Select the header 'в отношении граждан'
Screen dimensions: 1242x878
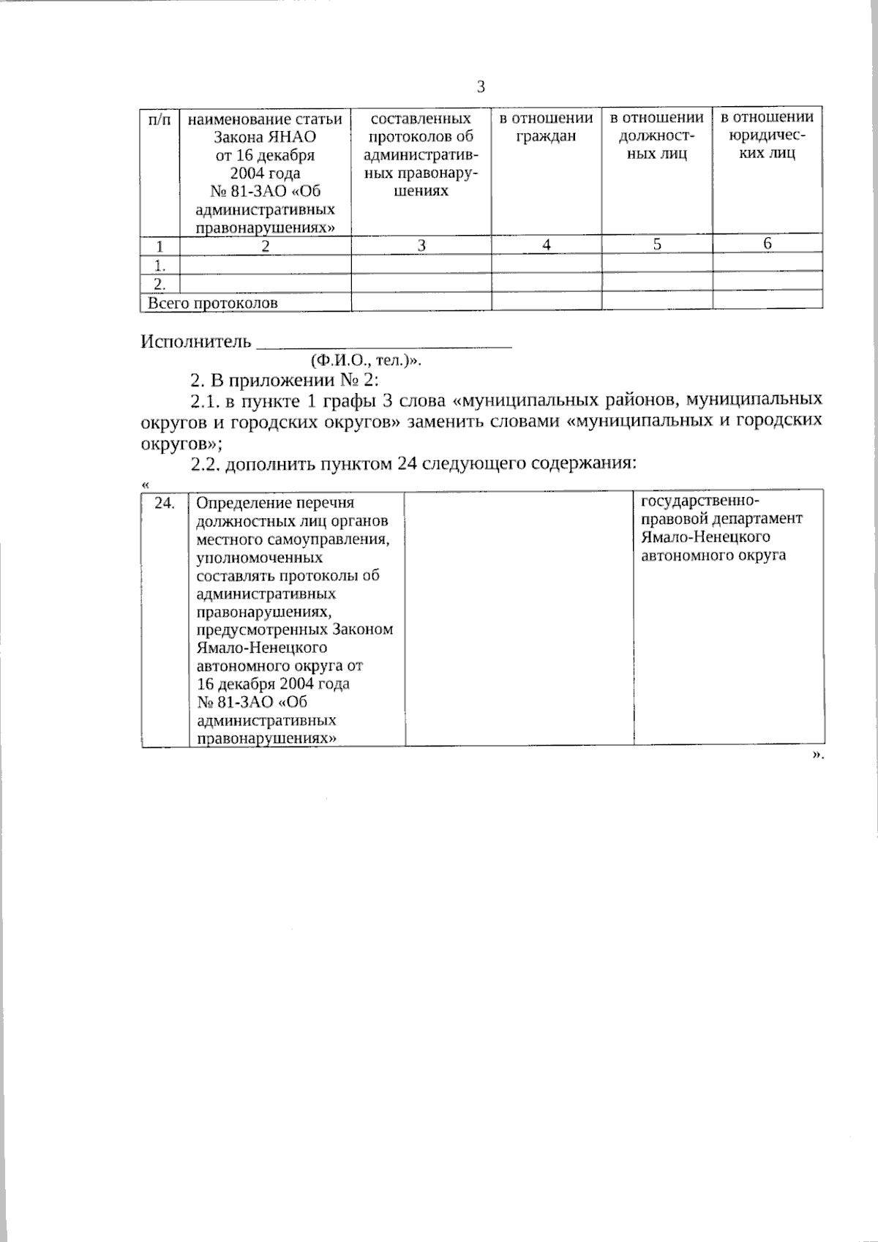point(546,127)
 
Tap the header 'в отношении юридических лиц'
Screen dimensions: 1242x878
point(767,135)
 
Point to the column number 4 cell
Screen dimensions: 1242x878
point(546,245)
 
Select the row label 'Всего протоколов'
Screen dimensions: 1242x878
point(213,303)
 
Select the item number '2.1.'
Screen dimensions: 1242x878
point(204,400)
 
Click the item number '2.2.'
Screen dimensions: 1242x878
point(204,463)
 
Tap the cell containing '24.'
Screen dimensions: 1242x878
point(165,504)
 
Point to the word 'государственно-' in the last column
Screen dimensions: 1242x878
point(700,501)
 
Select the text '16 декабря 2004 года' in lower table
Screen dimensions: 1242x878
point(273,684)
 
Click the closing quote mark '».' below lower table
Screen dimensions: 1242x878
point(817,755)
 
